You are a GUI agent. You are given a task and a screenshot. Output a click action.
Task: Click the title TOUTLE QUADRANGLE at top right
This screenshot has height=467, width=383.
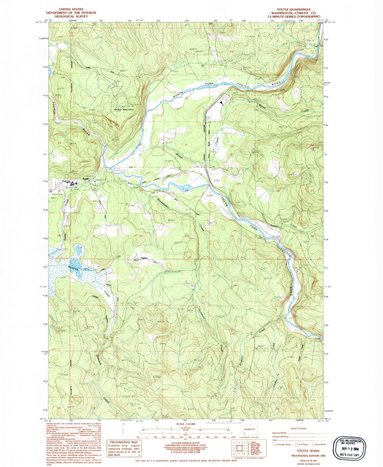[x=293, y=9]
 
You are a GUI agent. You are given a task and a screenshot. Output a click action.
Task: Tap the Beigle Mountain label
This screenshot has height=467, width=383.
[x=124, y=109]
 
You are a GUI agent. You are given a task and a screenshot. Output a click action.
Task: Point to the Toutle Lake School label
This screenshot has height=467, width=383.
[x=67, y=182]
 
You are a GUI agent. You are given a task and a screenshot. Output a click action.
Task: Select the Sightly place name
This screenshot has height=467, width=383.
[x=144, y=258]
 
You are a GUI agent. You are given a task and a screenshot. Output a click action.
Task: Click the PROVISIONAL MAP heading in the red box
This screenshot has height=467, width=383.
[x=124, y=442]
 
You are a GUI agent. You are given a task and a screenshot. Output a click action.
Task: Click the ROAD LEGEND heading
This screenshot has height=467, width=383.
[x=298, y=428]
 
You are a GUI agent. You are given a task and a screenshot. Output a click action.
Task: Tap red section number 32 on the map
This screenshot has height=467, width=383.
[x=141, y=236]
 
